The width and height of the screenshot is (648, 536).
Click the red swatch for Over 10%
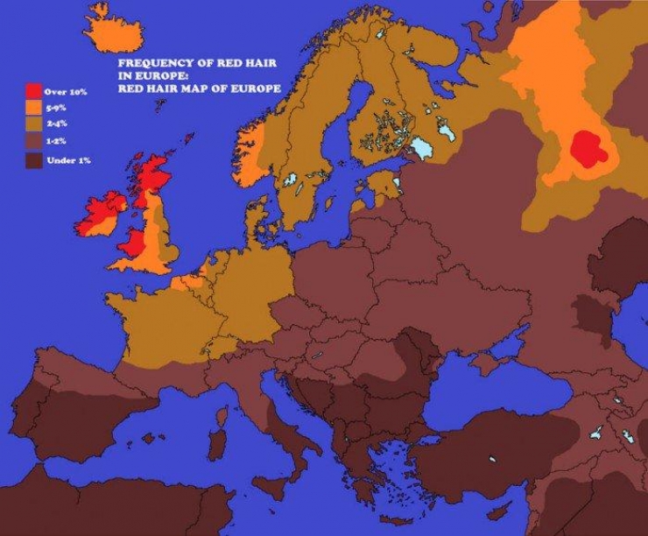pyautogui.click(x=35, y=90)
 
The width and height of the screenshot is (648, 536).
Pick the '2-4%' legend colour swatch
pyautogui.click(x=35, y=124)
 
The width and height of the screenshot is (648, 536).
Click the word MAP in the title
pyautogui.click(x=208, y=88)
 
